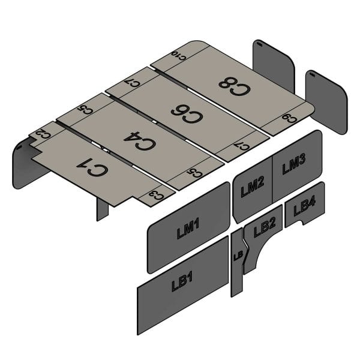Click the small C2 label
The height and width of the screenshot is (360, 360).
(40, 135)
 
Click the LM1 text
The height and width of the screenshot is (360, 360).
(188, 229)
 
